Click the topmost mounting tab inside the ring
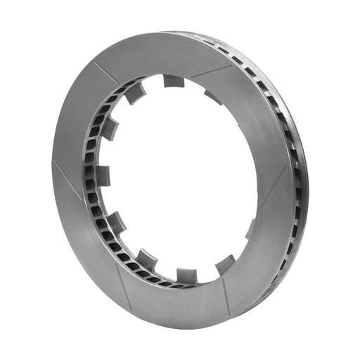click(x=174, y=80)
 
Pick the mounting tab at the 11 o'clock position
click(x=134, y=93)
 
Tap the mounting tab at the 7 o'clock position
click(x=147, y=258)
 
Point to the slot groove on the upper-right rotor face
click(x=212, y=69)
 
